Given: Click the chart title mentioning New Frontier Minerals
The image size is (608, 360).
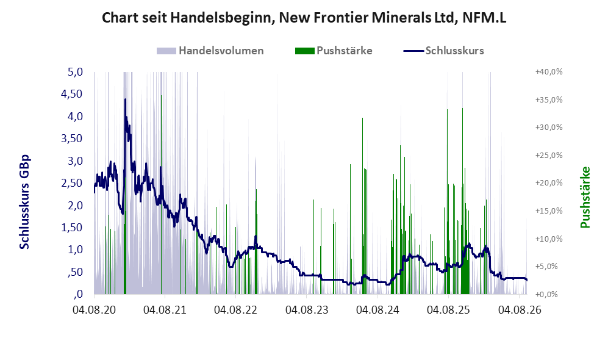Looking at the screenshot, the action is [x=304, y=18].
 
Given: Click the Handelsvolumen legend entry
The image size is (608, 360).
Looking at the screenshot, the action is [x=210, y=51].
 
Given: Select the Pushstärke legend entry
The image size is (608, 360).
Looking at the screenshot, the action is [x=334, y=51].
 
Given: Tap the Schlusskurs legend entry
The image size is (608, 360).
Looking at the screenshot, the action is [x=443, y=51].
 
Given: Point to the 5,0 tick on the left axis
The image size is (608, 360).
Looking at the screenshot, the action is [x=75, y=72].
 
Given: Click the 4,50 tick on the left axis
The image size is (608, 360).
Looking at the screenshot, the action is [x=72, y=94].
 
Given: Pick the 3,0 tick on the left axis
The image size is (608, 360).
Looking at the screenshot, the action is [x=75, y=161].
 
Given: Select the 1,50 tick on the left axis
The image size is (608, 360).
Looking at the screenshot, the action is [x=72, y=228].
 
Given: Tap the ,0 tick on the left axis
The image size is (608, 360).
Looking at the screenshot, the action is [x=78, y=294].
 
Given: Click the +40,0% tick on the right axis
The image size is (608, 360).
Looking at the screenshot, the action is [x=549, y=72].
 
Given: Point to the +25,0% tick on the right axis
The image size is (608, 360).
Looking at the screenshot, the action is [x=549, y=155].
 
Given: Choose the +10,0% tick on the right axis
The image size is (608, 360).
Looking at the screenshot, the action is [x=549, y=239].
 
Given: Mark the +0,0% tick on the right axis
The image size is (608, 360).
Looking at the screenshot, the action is [x=547, y=294].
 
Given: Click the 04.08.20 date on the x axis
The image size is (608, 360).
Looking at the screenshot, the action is [x=94, y=310].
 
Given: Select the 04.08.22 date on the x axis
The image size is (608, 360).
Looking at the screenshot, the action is [x=235, y=310].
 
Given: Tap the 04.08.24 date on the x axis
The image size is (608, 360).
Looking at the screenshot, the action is [x=377, y=310].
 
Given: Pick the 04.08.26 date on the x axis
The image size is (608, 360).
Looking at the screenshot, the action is [x=520, y=310].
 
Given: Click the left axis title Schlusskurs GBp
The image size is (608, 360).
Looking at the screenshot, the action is [x=24, y=202].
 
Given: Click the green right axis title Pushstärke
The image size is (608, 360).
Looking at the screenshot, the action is [x=585, y=198].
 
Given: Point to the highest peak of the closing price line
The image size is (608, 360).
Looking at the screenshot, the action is [x=125, y=99].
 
